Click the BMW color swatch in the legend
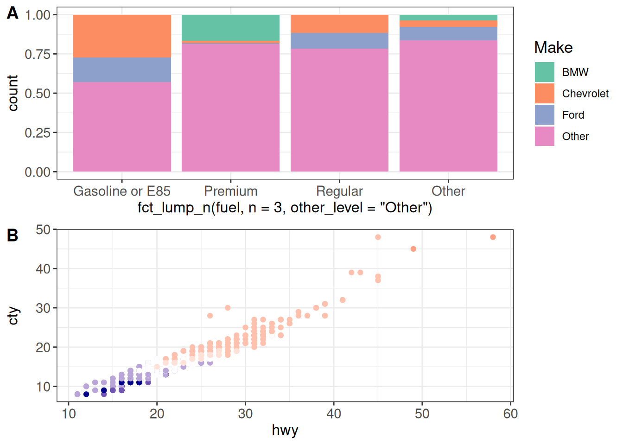click(x=544, y=72)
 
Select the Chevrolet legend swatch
click(x=544, y=94)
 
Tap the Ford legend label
click(x=573, y=115)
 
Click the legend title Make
click(x=553, y=47)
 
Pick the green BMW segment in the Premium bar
click(x=230, y=28)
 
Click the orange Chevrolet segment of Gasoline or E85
click(x=122, y=36)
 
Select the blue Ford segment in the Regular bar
click(x=339, y=41)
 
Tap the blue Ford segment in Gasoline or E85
click(x=122, y=70)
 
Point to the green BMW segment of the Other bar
click(x=448, y=18)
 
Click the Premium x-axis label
click(x=230, y=191)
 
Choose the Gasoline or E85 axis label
click(x=122, y=191)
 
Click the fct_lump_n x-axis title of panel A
click(x=285, y=208)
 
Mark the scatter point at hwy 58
click(x=493, y=237)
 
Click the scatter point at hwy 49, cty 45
click(x=413, y=249)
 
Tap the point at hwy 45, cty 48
click(x=378, y=237)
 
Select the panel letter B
click(x=13, y=235)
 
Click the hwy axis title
click(x=285, y=430)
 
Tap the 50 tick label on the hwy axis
click(x=422, y=413)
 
